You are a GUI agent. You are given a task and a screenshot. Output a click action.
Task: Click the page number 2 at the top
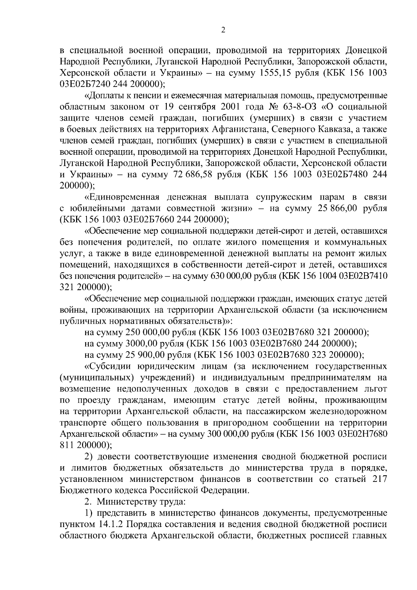[223, 30]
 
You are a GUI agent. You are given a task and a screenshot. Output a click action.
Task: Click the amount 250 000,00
[142, 332]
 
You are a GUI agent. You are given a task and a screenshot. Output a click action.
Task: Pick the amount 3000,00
[139, 344]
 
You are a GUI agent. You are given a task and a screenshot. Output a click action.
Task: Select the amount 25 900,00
[142, 355]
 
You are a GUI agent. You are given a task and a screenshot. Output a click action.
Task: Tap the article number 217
[379, 479]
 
